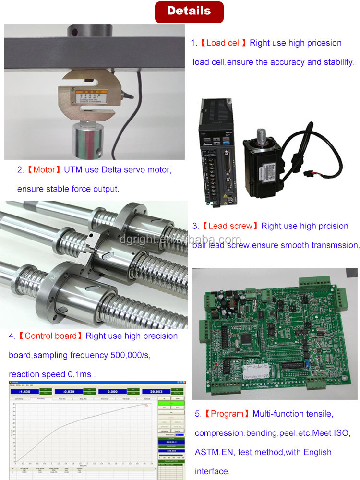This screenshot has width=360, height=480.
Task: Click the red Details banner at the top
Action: pos(189,12)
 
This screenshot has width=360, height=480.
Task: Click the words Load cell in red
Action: pos(223,43)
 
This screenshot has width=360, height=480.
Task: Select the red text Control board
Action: pos(50,336)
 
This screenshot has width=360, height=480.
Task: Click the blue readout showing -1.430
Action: pos(25,391)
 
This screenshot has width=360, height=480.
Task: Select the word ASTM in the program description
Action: pos(207,452)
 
